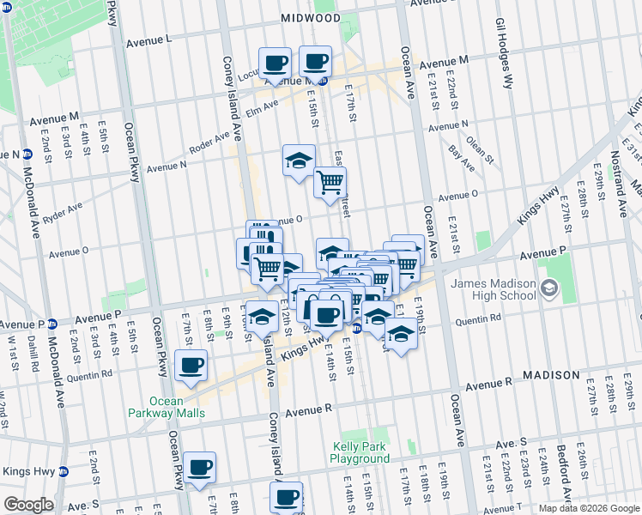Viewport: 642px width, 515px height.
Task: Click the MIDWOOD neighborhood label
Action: click(310, 18)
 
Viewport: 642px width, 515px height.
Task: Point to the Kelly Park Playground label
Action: click(360, 452)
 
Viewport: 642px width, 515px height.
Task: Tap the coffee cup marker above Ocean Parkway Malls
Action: click(190, 367)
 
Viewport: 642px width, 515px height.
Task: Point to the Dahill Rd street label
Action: click(31, 354)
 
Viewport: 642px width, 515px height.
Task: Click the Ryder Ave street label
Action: click(62, 212)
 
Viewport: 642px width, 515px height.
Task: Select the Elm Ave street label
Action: click(262, 109)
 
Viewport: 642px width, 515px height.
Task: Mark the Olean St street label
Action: click(481, 147)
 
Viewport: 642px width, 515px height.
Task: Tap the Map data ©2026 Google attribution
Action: click(588, 508)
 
